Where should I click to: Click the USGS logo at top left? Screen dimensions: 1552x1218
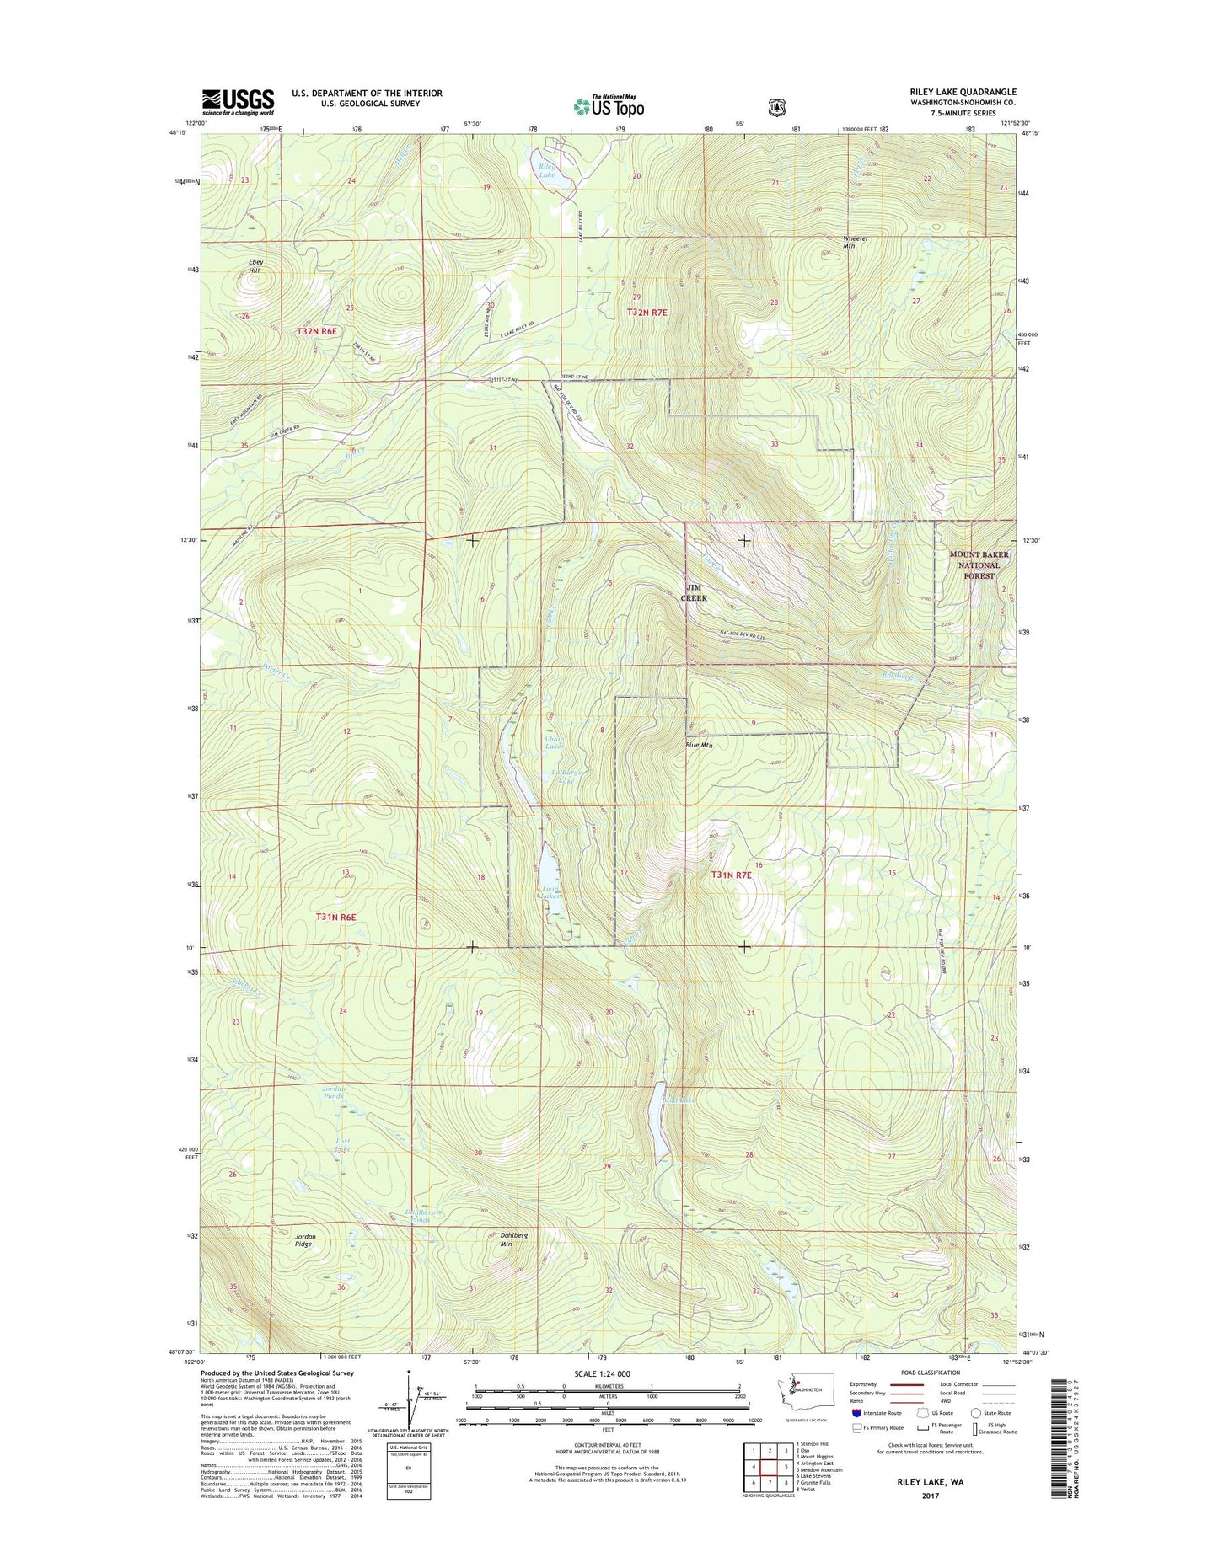238,101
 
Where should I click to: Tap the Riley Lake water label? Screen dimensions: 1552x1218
547,171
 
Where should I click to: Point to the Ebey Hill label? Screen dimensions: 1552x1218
255,266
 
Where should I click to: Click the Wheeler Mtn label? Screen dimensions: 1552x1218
856,241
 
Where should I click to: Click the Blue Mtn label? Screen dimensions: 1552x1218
699,745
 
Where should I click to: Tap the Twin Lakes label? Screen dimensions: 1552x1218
551,893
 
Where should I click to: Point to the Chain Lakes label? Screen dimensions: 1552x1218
554,742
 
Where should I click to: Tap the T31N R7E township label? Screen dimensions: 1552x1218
731,875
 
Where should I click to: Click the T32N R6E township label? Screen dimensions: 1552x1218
316,331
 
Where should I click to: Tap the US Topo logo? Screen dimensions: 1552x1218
609,105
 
